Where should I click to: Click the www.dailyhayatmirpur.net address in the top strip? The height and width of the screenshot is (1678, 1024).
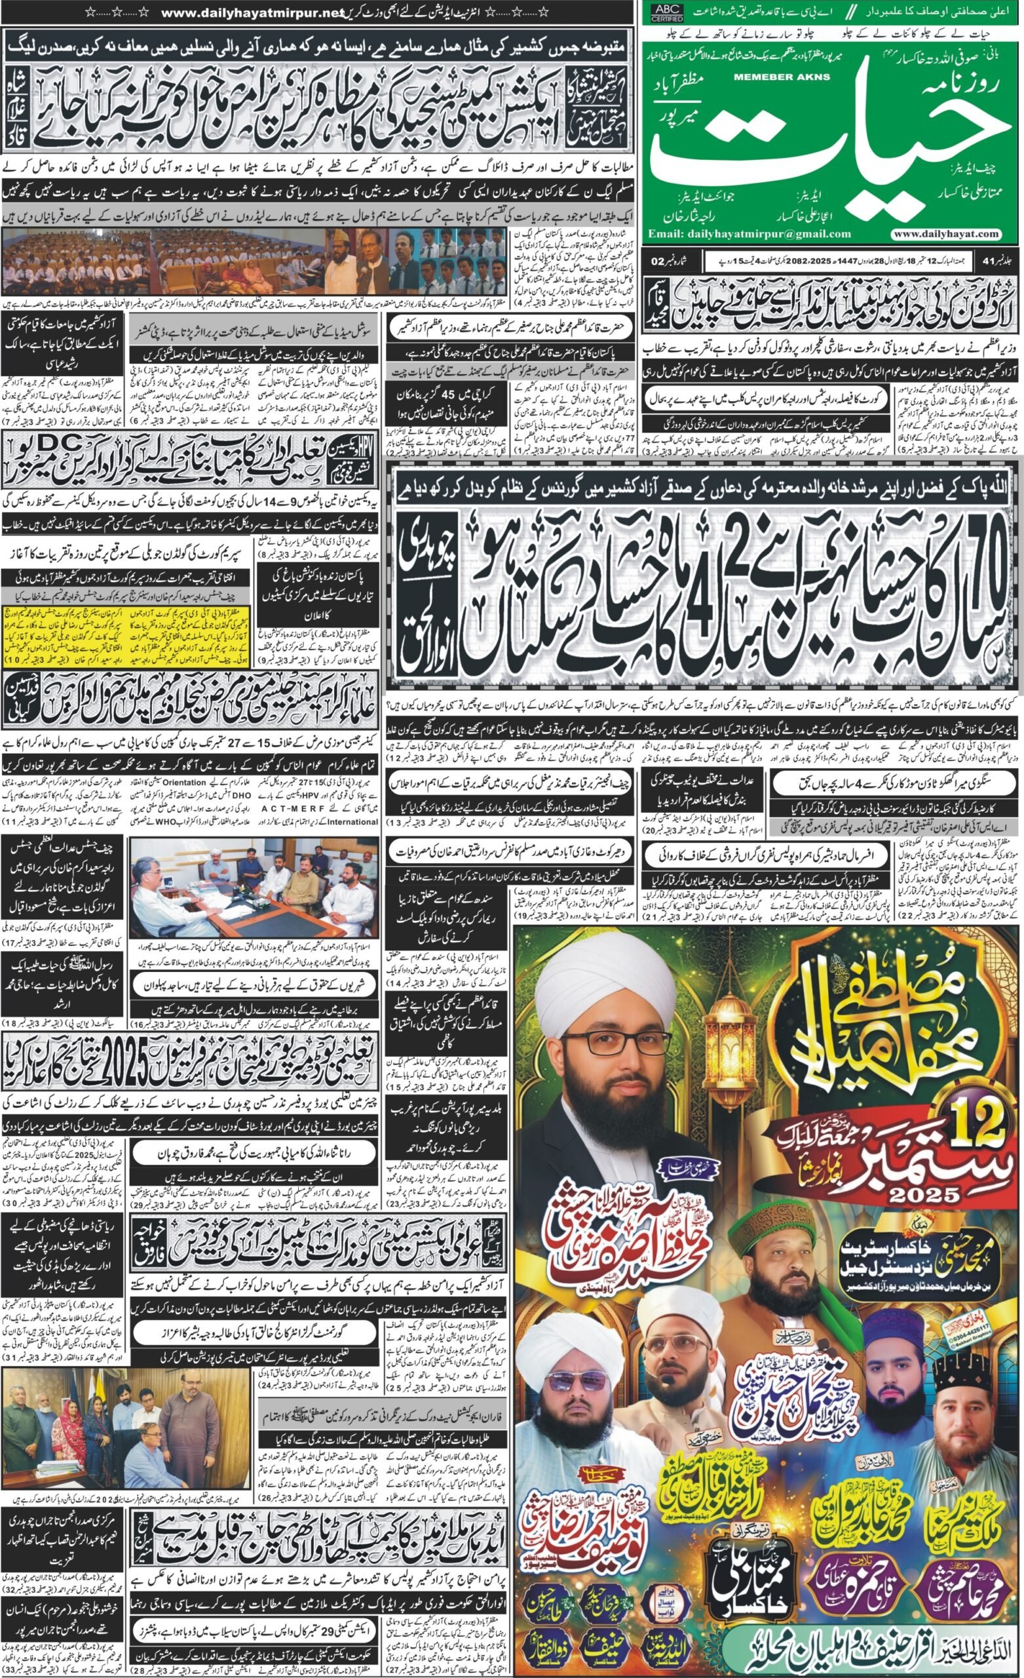coord(246,12)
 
